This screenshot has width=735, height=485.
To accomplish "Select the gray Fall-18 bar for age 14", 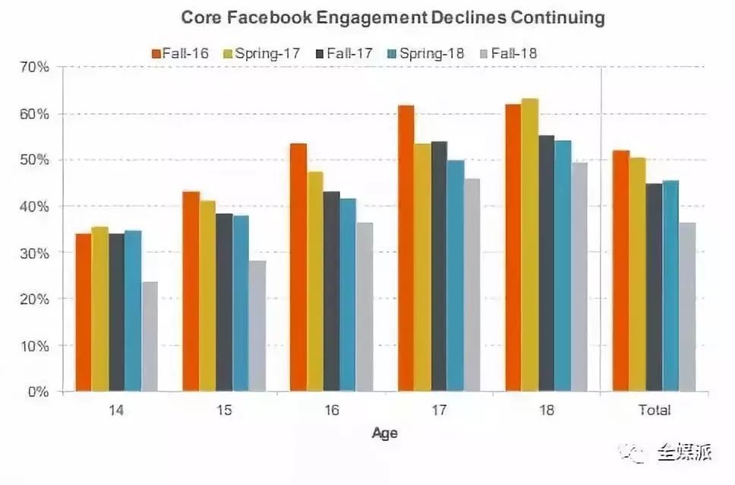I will (149, 337).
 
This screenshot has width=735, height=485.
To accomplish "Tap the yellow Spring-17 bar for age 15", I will (207, 296).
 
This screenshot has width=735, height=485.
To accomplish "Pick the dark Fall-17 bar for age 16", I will (331, 291).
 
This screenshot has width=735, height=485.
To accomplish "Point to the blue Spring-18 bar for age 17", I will (456, 276).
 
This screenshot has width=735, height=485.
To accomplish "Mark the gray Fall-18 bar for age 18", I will (579, 277).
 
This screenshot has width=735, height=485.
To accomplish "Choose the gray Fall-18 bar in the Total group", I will (687, 307).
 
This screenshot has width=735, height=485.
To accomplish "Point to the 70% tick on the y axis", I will (35, 68).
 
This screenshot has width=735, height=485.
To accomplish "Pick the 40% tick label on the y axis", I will (35, 206).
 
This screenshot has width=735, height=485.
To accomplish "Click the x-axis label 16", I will (331, 411).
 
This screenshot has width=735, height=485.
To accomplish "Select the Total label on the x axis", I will (655, 411).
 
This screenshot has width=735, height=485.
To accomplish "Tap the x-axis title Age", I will (384, 434).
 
